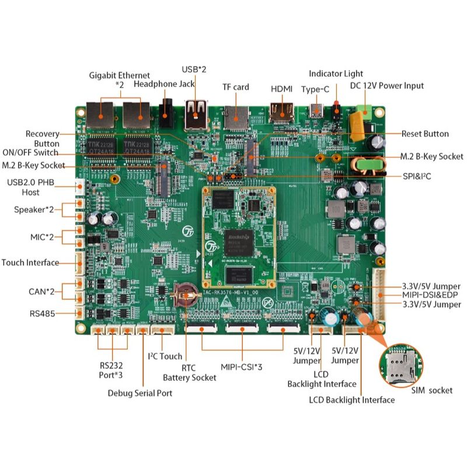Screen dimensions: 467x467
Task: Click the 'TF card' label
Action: pyautogui.click(x=236, y=87)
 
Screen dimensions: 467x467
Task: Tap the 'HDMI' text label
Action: pyautogui.click(x=284, y=89)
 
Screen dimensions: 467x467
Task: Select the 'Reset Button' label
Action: pyautogui.click(x=425, y=134)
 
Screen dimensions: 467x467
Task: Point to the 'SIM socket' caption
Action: pyautogui.click(x=432, y=390)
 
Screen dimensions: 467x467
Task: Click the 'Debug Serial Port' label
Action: pyautogui.click(x=140, y=393)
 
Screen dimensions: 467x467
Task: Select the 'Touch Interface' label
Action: pyautogui.click(x=30, y=263)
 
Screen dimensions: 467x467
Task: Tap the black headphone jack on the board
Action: pyautogui.click(x=168, y=113)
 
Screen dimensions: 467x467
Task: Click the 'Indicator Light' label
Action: pyautogui.click(x=336, y=74)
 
